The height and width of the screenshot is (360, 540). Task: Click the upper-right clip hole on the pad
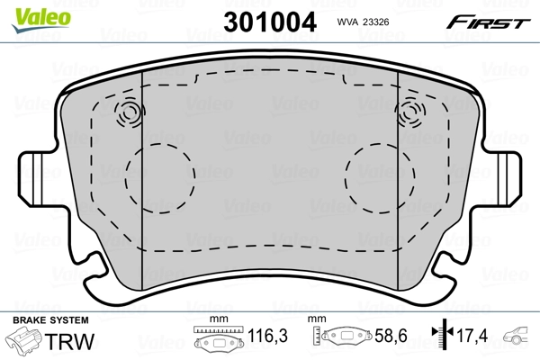pos(411,112)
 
